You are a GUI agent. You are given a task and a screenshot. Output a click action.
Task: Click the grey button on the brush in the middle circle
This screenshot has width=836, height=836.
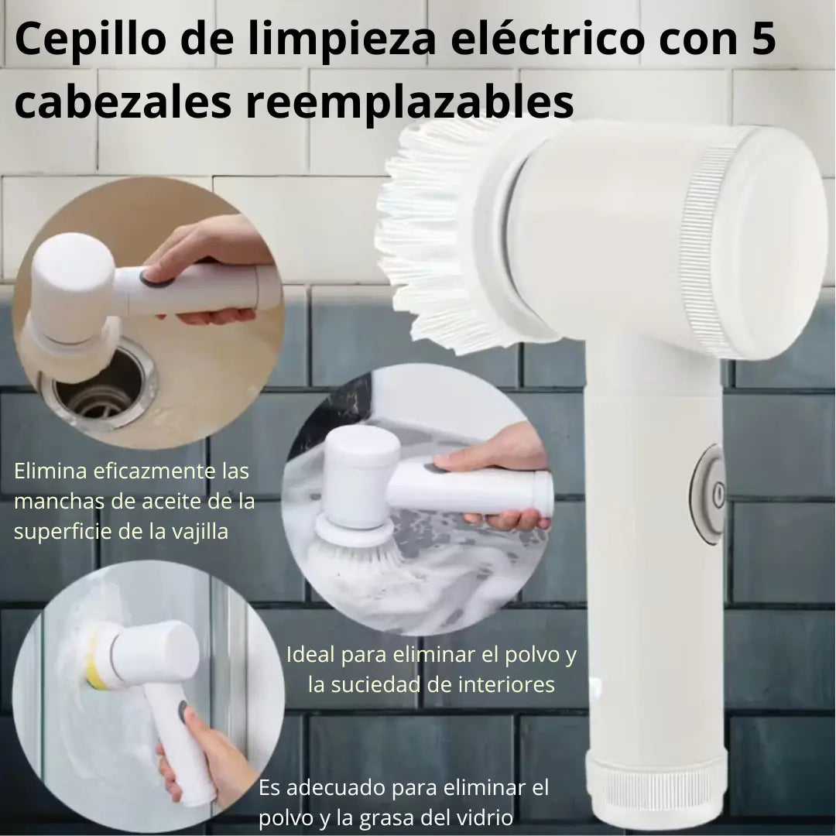click(433, 468)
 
